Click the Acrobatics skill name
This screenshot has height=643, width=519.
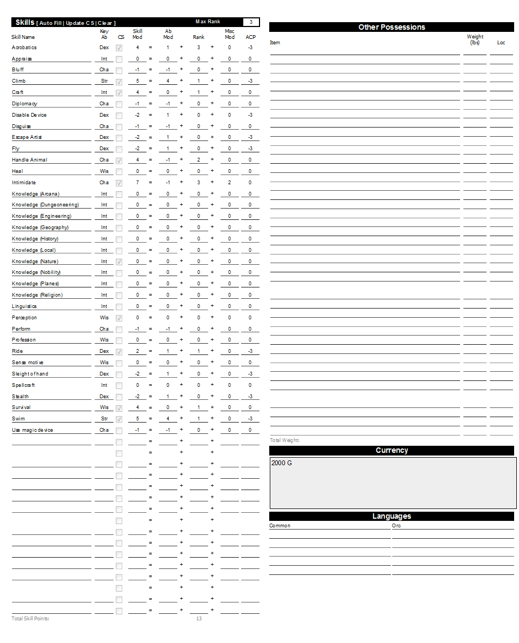click(24, 48)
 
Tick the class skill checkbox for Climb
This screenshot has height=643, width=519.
click(119, 82)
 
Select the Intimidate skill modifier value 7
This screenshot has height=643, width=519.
click(137, 183)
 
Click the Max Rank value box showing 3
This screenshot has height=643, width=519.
click(251, 22)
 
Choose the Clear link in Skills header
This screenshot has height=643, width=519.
click(105, 23)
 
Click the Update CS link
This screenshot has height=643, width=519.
click(80, 23)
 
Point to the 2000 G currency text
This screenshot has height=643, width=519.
click(282, 463)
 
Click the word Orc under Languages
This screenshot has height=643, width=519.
click(396, 526)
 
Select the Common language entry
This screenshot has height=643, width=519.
click(280, 526)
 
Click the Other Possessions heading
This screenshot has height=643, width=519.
click(391, 27)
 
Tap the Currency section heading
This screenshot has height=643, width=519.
click(391, 450)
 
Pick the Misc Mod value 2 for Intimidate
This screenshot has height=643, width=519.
click(229, 183)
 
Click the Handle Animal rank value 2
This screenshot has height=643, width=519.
click(198, 160)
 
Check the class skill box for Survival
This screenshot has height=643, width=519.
click(119, 408)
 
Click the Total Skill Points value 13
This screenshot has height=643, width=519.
click(198, 618)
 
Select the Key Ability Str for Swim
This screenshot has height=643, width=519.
click(104, 419)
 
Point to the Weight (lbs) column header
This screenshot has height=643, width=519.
click(475, 39)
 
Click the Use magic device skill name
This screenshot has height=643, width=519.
click(32, 430)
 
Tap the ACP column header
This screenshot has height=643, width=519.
click(250, 37)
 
